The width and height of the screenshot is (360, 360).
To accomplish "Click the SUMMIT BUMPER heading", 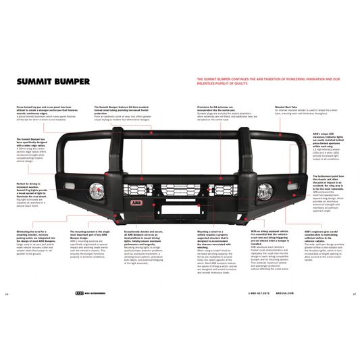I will coord(53,82).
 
